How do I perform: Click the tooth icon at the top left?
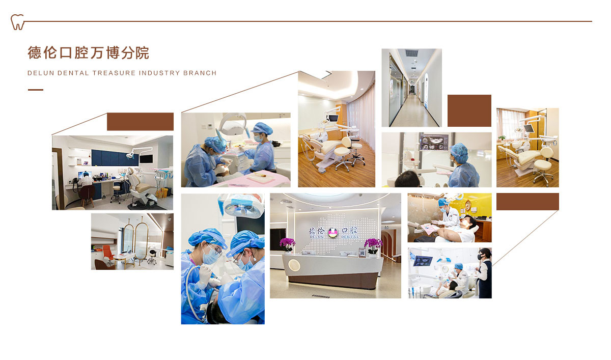coord(17,22)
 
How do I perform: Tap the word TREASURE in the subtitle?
coord(114,73)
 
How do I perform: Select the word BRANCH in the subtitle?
coord(200,73)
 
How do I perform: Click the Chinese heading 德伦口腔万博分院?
coord(89,52)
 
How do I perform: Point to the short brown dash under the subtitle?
coord(36,90)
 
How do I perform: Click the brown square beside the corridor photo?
coord(469,110)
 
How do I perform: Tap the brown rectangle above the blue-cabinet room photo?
coord(140,122)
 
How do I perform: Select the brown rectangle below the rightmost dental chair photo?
coord(527,202)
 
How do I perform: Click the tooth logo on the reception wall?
coord(333,232)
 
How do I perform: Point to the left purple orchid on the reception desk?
coord(287,244)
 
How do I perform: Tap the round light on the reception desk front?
coord(294,265)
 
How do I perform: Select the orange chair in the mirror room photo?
coord(108,253)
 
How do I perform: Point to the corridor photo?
coord(411,88)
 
